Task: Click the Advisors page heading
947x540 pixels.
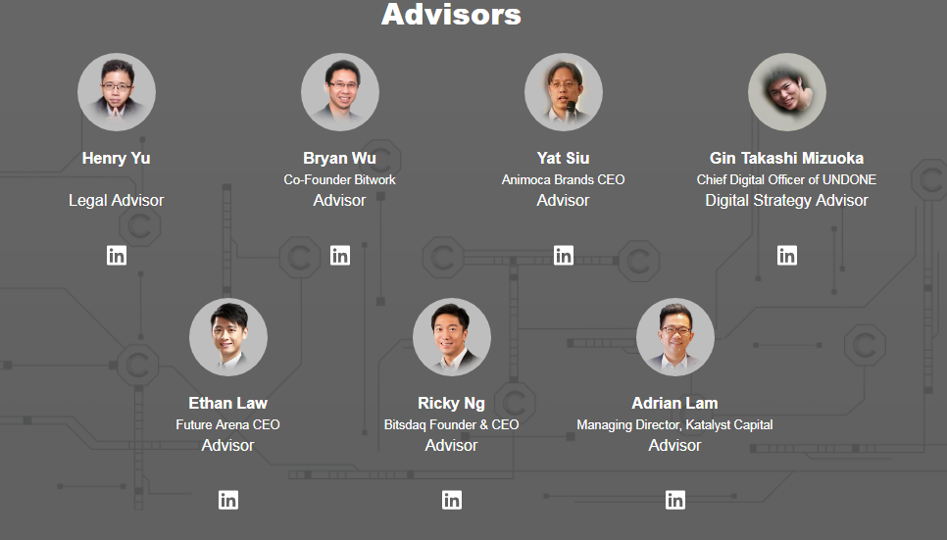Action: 451,14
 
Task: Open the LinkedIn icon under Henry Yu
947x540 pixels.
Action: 117,256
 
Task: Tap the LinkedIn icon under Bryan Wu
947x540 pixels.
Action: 340,256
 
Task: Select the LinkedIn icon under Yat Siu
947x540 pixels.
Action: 564,256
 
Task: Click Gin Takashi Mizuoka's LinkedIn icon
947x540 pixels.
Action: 787,256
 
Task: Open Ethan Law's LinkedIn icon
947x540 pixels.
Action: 228,500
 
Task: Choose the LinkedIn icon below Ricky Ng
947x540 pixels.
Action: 452,500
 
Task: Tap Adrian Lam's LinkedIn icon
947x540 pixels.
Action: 675,500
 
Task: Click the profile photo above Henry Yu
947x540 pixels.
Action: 117,92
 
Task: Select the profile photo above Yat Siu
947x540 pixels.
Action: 564,92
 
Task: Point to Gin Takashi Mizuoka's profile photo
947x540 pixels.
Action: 787,92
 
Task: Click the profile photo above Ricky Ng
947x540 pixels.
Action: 452,337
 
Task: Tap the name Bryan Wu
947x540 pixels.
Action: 339,158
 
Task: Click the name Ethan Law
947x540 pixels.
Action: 227,403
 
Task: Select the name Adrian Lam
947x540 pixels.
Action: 674,403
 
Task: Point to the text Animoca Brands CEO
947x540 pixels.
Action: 563,179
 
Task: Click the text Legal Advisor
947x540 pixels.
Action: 116,201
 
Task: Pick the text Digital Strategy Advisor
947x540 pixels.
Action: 786,201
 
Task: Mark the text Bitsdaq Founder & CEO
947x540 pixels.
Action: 451,424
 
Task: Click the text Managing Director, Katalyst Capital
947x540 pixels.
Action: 674,424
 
